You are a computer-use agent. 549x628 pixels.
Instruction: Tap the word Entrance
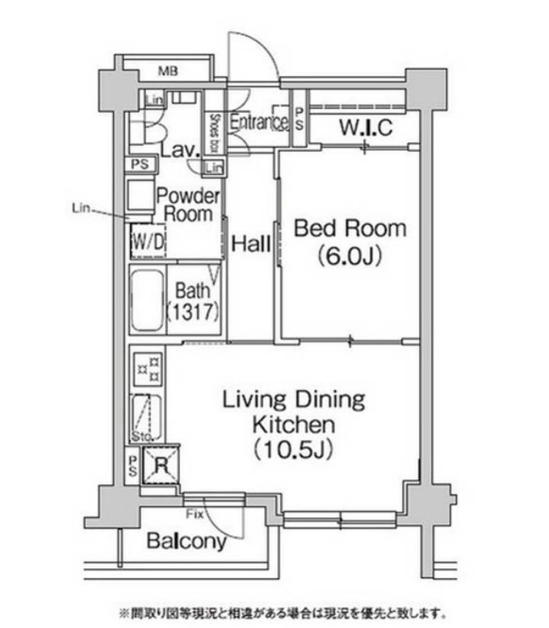(258, 123)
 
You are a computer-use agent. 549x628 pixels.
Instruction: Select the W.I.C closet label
(365, 128)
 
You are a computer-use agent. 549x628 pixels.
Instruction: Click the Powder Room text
(187, 205)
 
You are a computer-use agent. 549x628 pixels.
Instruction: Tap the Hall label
(250, 244)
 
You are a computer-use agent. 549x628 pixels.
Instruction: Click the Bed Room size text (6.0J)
(349, 257)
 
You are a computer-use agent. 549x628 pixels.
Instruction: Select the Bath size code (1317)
(193, 311)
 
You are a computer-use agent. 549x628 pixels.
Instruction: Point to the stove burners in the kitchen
(147, 369)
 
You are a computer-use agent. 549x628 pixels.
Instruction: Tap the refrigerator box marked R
(160, 465)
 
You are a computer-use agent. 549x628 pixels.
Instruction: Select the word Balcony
(186, 542)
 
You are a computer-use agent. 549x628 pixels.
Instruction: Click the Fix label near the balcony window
(193, 513)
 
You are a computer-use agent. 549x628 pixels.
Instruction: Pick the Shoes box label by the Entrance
(215, 132)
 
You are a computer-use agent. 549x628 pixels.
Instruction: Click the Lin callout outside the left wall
(80, 207)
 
